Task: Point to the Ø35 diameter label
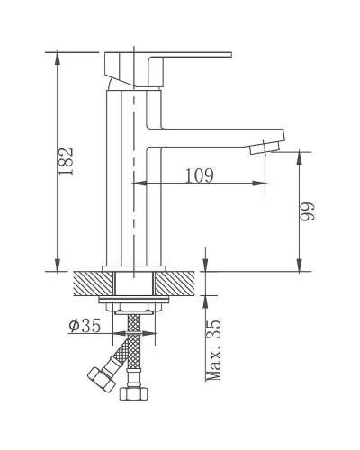click(85, 327)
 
